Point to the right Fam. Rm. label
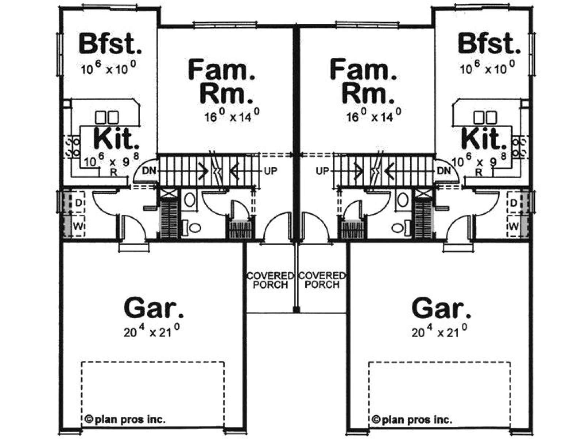[x=363, y=82]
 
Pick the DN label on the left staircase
[x=149, y=171]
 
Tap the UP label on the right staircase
[x=322, y=171]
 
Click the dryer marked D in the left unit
[x=78, y=203]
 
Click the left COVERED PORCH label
[x=270, y=280]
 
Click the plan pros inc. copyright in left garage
[x=125, y=419]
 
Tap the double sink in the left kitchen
[x=107, y=117]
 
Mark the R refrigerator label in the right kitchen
[x=479, y=172]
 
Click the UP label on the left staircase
[x=271, y=171]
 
